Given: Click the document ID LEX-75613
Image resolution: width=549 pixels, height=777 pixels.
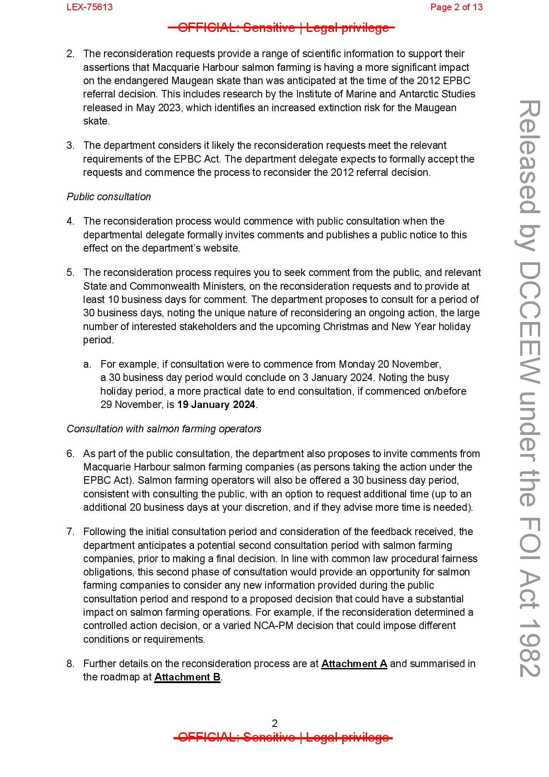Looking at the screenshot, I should tap(89, 7).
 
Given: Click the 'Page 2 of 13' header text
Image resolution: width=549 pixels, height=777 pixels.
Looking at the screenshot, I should tap(456, 7).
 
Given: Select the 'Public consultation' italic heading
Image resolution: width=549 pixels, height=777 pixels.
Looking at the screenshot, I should tap(108, 197).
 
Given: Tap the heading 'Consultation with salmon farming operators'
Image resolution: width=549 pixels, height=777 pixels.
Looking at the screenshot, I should tap(164, 429).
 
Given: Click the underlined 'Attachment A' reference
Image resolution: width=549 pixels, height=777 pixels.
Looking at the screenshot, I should tap(354, 664).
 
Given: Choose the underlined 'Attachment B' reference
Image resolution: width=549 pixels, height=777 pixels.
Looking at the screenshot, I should tap(187, 677).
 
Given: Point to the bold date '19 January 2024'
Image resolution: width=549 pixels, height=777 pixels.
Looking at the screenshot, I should tap(216, 404).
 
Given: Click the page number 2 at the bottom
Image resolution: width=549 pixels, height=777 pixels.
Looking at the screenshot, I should tap(274, 723).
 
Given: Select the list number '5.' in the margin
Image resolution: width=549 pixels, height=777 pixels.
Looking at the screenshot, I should tap(70, 272).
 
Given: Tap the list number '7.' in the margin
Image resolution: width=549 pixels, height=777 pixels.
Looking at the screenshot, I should tap(70, 532).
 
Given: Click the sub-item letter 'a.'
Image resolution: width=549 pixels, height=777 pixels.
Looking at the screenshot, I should tap(87, 364).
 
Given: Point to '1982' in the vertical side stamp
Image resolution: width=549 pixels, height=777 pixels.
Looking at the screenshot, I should tap(529, 651).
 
